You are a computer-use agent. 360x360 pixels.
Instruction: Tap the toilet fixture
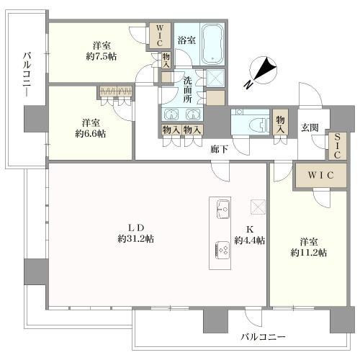click(x=243, y=122)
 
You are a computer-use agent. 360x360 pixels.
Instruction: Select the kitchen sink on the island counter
click(x=222, y=211)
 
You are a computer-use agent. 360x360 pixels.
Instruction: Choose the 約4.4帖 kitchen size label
click(x=250, y=240)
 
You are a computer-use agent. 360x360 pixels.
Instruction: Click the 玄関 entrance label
click(x=310, y=127)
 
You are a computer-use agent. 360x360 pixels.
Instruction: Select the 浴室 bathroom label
click(x=186, y=40)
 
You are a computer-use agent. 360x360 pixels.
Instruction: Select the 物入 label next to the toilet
click(x=279, y=120)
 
